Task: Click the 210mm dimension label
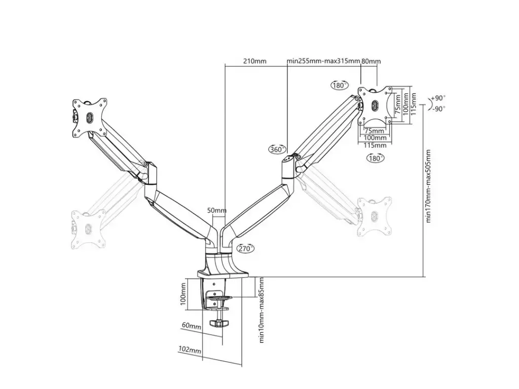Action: click(x=254, y=61)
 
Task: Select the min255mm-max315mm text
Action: click(x=323, y=61)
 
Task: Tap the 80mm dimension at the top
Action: click(x=371, y=61)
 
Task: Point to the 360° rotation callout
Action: click(x=277, y=149)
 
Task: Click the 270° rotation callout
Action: click(x=245, y=248)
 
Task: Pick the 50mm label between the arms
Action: click(x=217, y=210)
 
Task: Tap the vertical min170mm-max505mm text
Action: click(x=428, y=186)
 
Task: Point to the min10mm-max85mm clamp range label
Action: click(x=262, y=310)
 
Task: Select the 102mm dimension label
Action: click(x=190, y=350)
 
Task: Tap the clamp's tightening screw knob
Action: click(x=219, y=325)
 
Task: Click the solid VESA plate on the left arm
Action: click(x=90, y=116)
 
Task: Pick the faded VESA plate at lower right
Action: click(x=375, y=215)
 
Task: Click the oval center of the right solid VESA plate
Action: click(x=375, y=105)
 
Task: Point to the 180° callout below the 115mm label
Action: click(x=375, y=158)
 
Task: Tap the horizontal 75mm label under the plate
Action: click(x=374, y=130)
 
